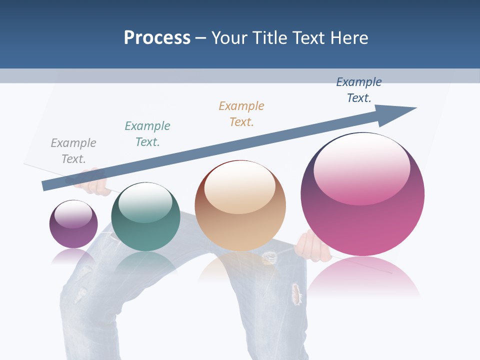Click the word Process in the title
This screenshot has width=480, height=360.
click(157, 38)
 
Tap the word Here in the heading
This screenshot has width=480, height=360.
click(348, 38)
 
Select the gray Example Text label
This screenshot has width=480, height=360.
click(73, 151)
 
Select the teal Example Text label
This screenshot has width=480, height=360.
click(147, 134)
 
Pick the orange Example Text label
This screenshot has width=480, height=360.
click(241, 114)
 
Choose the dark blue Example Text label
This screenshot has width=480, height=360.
click(359, 90)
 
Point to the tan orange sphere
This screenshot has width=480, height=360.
click(240, 206)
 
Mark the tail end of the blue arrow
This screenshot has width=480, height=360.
click(45, 186)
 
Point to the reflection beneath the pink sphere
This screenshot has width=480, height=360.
click(363, 277)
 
